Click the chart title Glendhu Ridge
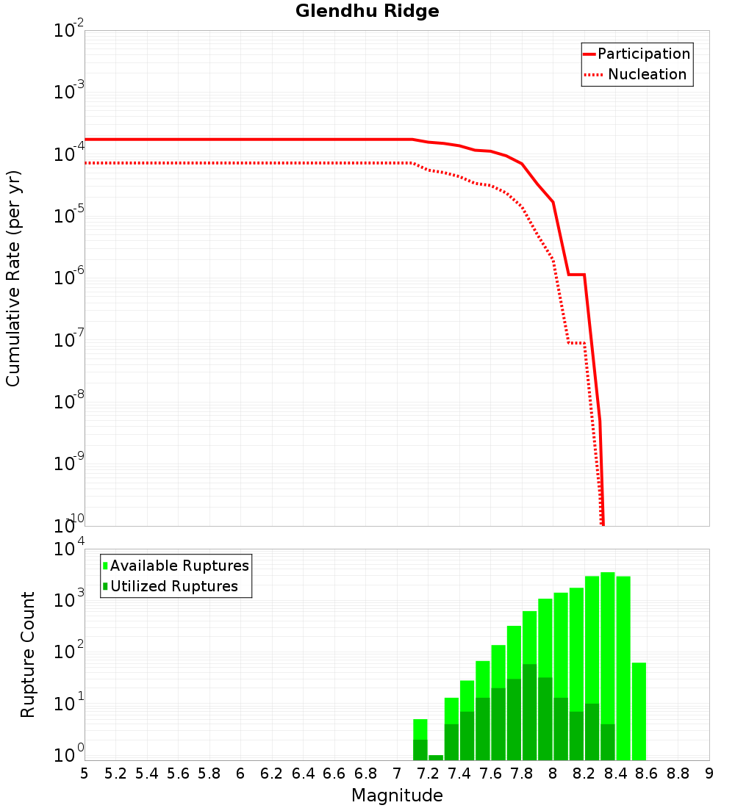367,12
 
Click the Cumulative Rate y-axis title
14,278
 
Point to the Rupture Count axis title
28,654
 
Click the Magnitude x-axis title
397,796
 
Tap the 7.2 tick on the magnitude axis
428,773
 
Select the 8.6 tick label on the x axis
647,773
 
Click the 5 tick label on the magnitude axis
85,773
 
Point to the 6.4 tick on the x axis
303,773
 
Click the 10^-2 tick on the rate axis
69,32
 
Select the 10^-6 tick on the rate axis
69,278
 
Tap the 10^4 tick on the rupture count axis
69,550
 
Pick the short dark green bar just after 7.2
436,757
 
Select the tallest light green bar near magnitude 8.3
607,646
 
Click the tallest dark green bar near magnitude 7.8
529,713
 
